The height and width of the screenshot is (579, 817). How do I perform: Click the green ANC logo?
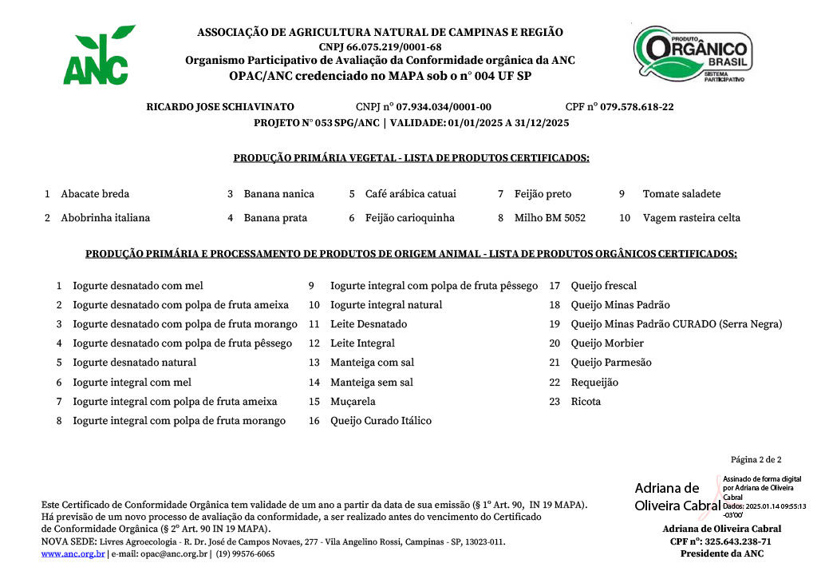point(97,56)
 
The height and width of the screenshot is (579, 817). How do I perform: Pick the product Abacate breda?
point(95,194)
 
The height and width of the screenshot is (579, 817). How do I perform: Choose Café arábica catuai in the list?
point(411,194)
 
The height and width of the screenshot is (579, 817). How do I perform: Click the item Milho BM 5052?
point(550,217)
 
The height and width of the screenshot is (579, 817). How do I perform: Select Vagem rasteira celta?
point(692,217)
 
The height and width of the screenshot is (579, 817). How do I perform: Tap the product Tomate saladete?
point(681,194)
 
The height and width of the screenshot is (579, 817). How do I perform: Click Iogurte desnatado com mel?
point(138,286)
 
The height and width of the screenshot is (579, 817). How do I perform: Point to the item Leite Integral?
point(362,343)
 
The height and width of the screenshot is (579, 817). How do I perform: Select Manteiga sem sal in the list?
point(372,383)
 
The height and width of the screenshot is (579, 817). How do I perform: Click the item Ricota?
point(586,402)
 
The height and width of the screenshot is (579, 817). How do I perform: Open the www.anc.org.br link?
point(73,553)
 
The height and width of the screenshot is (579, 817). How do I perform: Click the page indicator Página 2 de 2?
point(756,459)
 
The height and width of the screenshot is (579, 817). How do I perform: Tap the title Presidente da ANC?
point(721,553)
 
